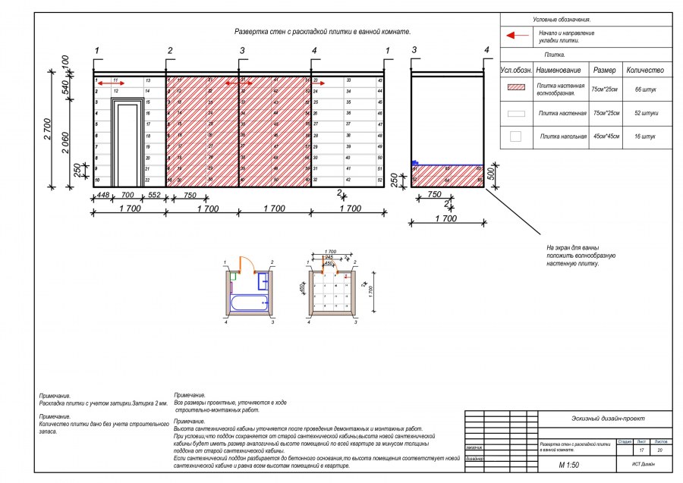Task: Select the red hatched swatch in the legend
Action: [516, 88]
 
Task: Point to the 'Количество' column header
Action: [645, 70]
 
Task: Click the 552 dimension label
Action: [154, 195]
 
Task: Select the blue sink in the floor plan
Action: [263, 282]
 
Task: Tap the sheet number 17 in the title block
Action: [642, 450]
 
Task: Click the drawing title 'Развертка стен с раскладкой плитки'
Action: [323, 33]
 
